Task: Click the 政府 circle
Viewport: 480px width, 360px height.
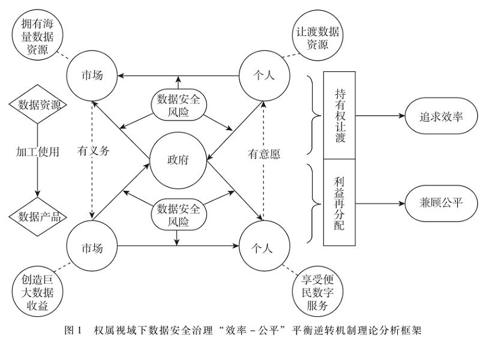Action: pos(178,161)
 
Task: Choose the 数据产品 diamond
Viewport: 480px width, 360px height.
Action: pos(38,216)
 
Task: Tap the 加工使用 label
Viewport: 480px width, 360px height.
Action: pos(38,152)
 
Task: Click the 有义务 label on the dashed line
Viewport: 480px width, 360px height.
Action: pos(94,152)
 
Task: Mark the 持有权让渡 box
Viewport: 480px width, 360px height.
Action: pos(340,114)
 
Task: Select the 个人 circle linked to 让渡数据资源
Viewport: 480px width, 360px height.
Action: pos(265,76)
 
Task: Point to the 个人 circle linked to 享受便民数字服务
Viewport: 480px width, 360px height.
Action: pos(265,246)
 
